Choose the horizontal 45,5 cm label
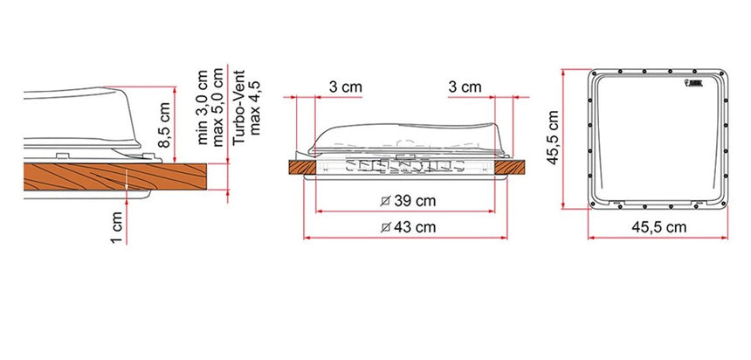657,227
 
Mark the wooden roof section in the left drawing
79,177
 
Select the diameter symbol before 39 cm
386,201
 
